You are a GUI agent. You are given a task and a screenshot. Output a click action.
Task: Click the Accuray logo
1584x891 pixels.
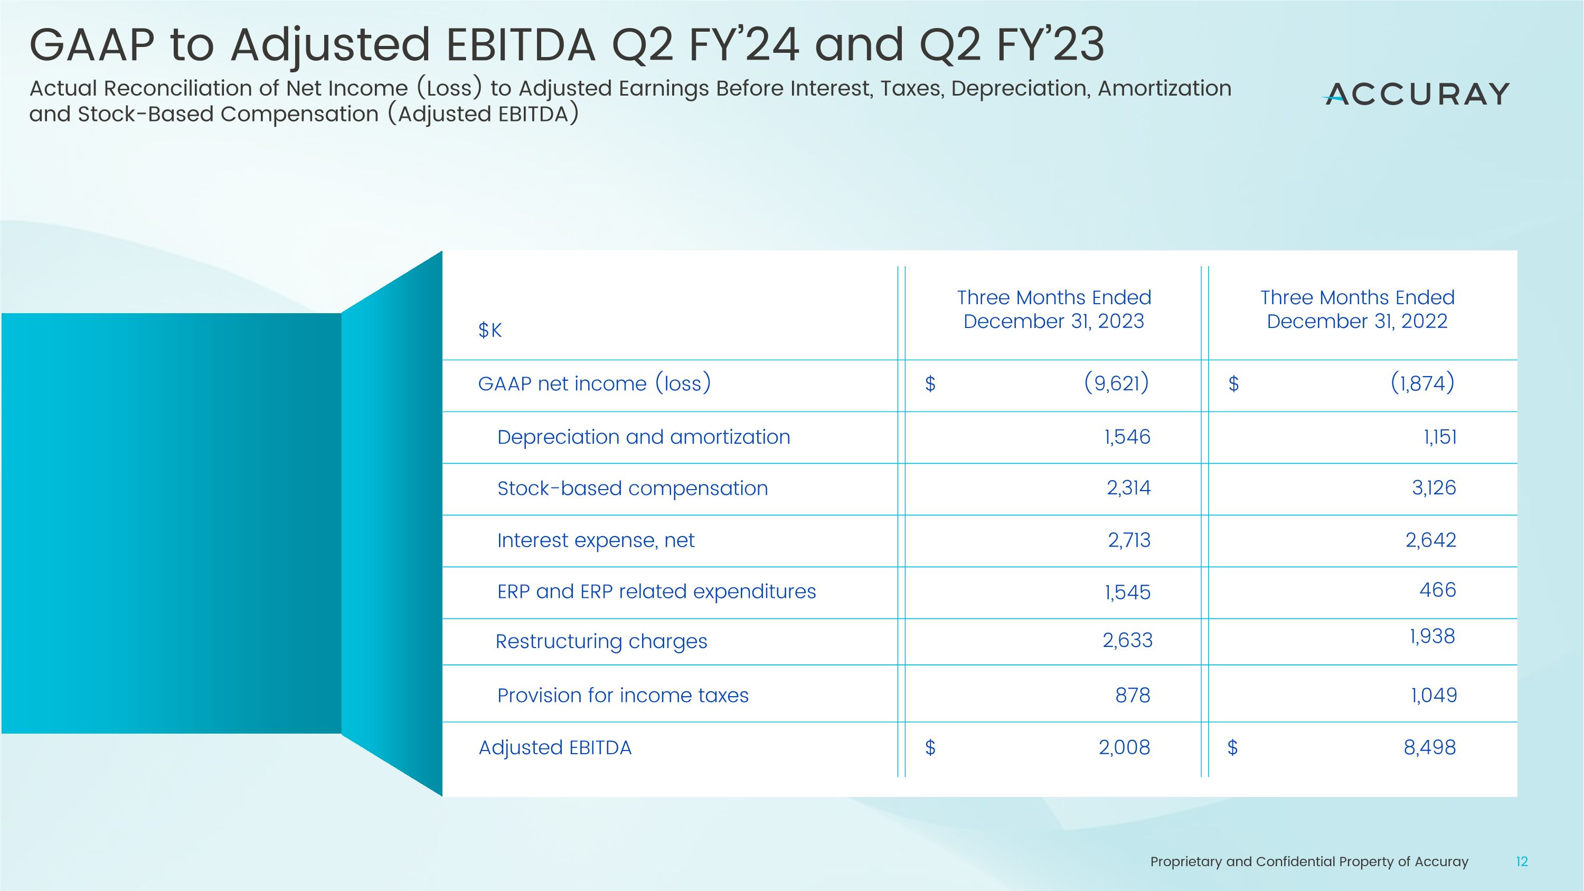(x=1416, y=94)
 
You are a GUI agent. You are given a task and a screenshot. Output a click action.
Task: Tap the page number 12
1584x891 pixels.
(x=1522, y=861)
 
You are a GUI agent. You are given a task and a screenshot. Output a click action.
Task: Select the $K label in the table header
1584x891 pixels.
(x=489, y=330)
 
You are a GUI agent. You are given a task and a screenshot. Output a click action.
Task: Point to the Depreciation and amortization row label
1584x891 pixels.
(x=643, y=437)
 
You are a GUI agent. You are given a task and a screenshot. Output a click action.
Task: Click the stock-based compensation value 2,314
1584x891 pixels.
(x=1128, y=487)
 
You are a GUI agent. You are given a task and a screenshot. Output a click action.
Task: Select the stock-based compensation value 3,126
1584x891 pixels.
(x=1434, y=487)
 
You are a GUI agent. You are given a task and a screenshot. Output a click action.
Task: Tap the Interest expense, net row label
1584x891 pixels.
(x=595, y=540)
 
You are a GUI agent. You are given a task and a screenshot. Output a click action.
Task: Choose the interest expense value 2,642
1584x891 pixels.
(x=1430, y=540)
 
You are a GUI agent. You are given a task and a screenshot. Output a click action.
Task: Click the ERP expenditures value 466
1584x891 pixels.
(x=1437, y=590)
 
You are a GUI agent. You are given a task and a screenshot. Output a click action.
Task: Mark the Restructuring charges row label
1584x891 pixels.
(x=601, y=641)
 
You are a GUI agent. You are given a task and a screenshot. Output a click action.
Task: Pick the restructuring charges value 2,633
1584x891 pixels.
(x=1127, y=640)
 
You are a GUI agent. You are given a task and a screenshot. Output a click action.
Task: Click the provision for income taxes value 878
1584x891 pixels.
(x=1132, y=695)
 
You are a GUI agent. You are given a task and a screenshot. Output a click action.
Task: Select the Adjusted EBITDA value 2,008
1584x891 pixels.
(x=1124, y=747)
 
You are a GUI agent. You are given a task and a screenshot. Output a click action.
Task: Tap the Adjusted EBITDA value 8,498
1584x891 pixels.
(x=1429, y=747)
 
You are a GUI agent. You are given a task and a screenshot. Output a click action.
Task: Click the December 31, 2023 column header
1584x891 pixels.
(x=1053, y=309)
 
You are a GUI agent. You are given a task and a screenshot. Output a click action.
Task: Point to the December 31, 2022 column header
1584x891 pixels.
(x=1357, y=309)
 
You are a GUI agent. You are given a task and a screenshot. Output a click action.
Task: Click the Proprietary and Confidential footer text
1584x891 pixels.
(x=1308, y=861)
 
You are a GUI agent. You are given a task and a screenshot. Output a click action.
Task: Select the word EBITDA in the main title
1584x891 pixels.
(x=520, y=45)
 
